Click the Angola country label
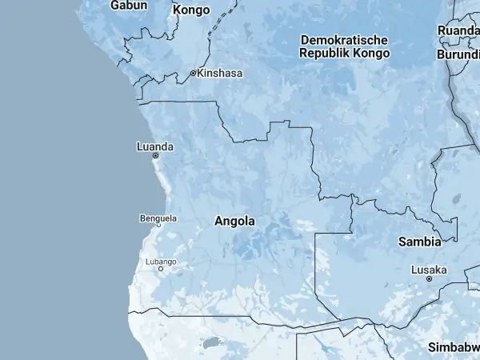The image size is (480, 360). pos(235,222)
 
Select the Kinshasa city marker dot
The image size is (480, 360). pos(193,73)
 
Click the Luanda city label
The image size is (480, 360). pos(155,146)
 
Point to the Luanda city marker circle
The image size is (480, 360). pos(155,156)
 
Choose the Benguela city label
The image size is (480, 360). pos(158,218)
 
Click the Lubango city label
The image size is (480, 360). pos(161,262)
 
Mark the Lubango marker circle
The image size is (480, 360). pos(161,269)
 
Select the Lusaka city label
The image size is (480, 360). pos(429,270)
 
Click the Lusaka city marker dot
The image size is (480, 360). pos(429,278)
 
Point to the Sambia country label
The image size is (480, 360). pos(419,241)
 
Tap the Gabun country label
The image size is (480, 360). pos(130,6)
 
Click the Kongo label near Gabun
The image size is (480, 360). pos(191,10)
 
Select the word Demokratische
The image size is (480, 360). pos(345,40)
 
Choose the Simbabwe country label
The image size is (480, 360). pos(454,346)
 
